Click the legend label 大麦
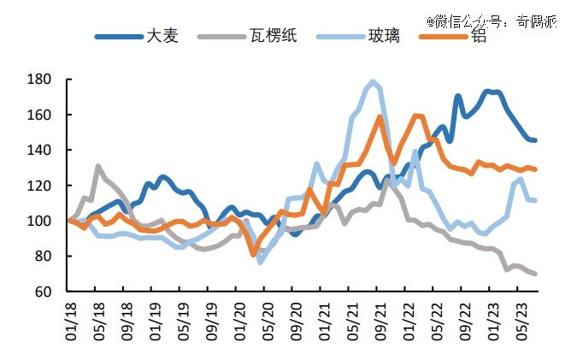coord(163,37)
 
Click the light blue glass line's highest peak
coord(373,82)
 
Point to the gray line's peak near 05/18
coord(98,166)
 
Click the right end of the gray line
coord(535,274)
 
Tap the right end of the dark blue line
coord(535,140)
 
